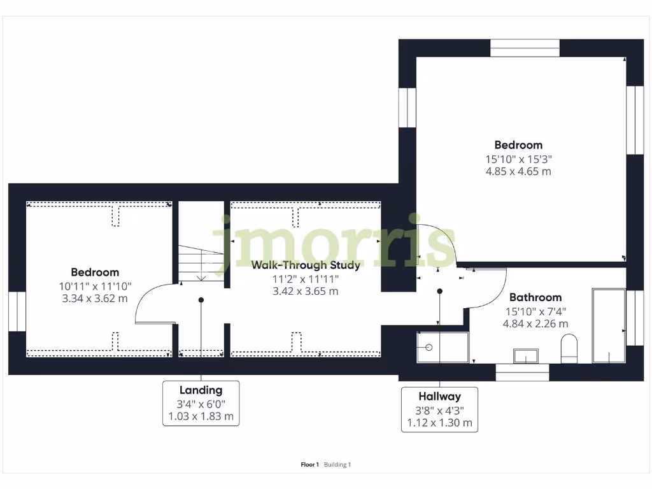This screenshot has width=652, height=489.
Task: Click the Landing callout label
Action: [201, 390]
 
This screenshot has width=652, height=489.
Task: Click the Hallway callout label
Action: [439, 396]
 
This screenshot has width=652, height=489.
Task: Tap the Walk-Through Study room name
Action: [306, 265]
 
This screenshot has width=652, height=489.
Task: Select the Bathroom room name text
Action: [535, 297]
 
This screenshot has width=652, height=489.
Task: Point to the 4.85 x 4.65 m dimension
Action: [519, 171]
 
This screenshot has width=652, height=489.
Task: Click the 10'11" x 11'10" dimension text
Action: [95, 286]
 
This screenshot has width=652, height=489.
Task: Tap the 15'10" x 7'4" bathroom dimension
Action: [535, 311]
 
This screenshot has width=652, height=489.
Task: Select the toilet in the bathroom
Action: [569, 350]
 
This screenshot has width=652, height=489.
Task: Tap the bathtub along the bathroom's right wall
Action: [608, 325]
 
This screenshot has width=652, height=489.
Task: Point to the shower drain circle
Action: [429, 347]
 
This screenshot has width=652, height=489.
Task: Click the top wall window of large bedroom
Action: [525, 48]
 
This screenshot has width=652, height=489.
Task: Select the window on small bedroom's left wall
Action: [17, 311]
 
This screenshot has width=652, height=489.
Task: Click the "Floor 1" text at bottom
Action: [309, 465]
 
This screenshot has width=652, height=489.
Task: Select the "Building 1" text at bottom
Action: [337, 465]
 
